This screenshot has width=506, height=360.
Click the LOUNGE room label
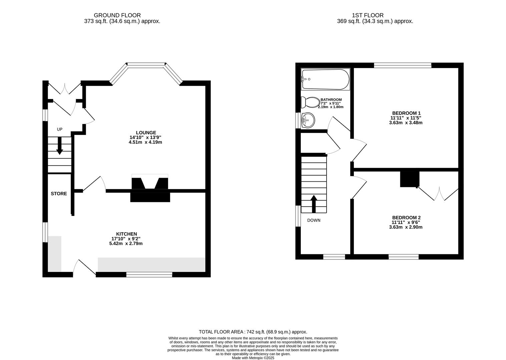click(x=146, y=133)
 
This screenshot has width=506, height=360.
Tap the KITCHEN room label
click(x=126, y=234)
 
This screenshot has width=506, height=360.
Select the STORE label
click(x=59, y=194)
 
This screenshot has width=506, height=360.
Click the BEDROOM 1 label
click(x=406, y=113)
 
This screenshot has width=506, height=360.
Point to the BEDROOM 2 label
click(x=406, y=218)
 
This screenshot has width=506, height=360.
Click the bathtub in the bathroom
click(x=325, y=79)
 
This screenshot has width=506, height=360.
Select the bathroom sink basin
click(x=308, y=120)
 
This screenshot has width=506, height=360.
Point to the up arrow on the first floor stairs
click(x=314, y=204)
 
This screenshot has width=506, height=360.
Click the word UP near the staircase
click(x=60, y=129)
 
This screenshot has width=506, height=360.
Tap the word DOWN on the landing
click(x=314, y=220)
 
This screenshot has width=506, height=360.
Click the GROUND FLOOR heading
click(x=117, y=15)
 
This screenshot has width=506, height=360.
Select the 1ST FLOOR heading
click(x=368, y=15)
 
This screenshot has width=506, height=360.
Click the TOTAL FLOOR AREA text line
click(x=253, y=332)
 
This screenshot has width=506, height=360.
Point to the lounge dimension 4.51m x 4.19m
click(x=146, y=142)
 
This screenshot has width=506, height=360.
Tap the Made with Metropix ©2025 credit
click(x=253, y=358)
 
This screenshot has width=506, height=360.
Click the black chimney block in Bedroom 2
click(x=410, y=179)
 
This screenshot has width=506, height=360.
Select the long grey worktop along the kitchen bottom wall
click(x=151, y=265)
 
